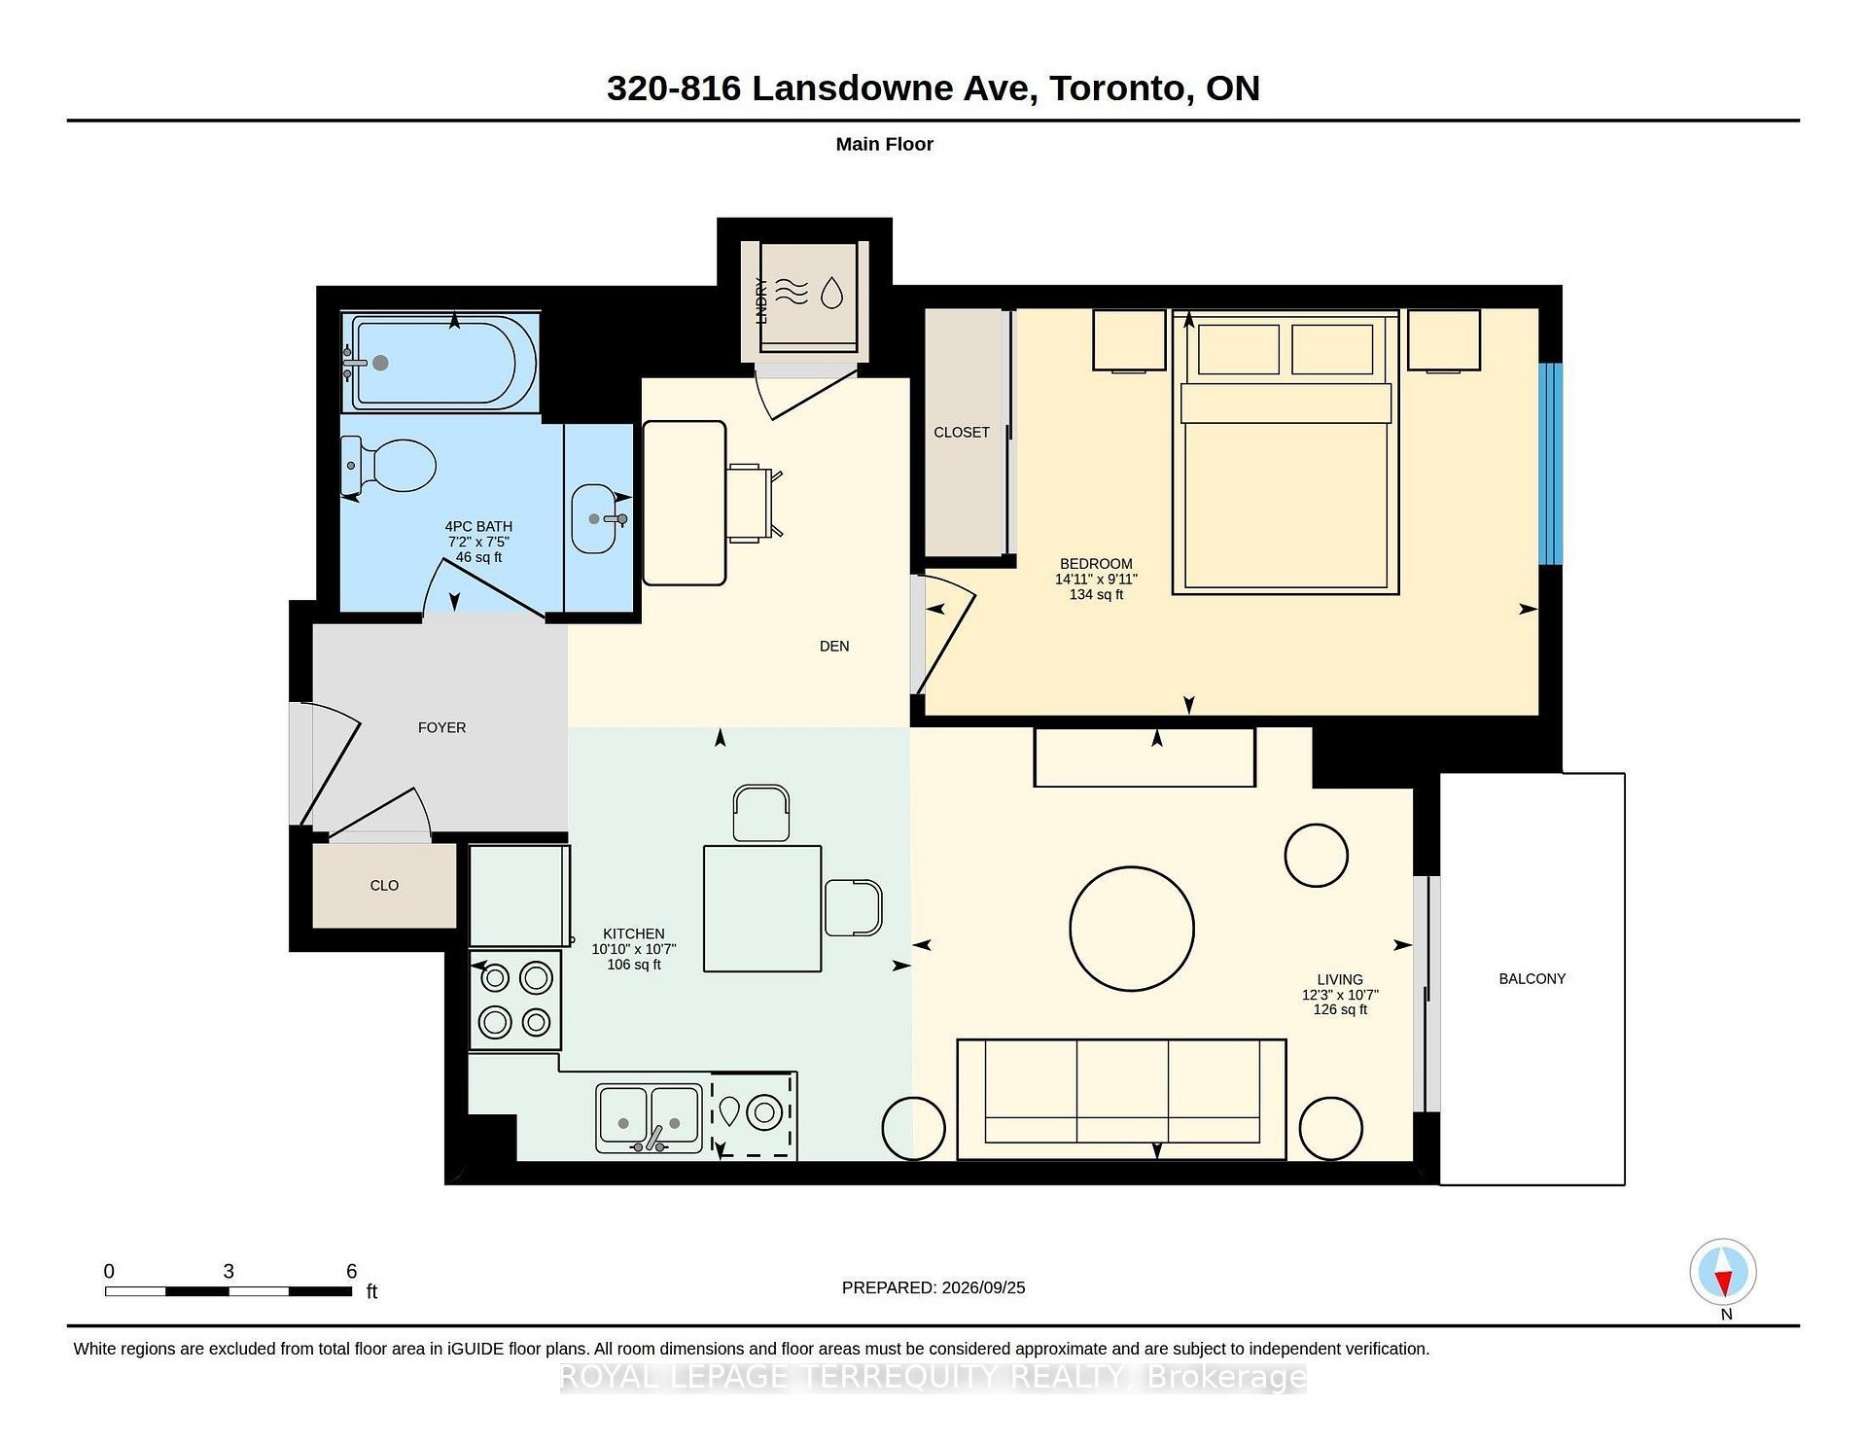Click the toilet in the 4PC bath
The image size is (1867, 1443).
coord(388,465)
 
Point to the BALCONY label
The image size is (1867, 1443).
coord(1532,979)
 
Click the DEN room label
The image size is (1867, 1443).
coord(834,647)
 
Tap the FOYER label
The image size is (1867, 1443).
coord(441,728)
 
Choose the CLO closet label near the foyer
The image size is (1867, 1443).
coord(384,886)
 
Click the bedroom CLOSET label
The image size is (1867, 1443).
coord(962,433)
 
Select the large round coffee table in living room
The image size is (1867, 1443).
coord(1132,929)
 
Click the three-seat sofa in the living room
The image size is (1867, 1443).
coord(1121,1100)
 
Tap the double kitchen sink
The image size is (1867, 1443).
coord(649,1118)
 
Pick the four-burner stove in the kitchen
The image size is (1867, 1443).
coord(515,1001)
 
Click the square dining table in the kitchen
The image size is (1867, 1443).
coord(762,909)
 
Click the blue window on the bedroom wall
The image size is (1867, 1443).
coord(1551,464)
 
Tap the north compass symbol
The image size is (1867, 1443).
coord(1723,1273)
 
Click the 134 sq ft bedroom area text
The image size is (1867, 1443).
coord(1096,595)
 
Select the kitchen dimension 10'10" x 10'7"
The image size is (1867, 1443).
coord(634,950)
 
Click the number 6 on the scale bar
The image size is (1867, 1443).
coord(352,1272)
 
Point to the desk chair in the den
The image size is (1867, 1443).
coord(754,503)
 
